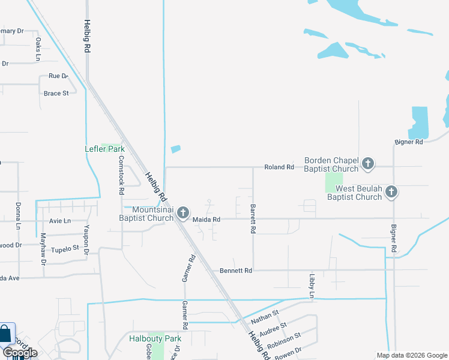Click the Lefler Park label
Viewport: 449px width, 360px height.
click(x=104, y=149)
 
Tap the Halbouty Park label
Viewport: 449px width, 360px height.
click(x=155, y=338)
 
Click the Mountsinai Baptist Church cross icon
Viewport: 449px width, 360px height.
click(x=182, y=213)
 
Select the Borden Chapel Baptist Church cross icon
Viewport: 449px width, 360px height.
click(x=368, y=163)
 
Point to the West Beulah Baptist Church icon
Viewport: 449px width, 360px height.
click(x=391, y=192)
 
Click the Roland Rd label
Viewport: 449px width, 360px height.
click(x=280, y=167)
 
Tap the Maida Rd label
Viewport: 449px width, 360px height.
click(x=206, y=220)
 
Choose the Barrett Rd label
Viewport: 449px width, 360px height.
click(x=253, y=218)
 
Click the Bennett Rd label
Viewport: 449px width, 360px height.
click(x=235, y=271)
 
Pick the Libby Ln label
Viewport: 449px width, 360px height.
click(x=312, y=286)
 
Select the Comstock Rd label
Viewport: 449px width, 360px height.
click(x=121, y=175)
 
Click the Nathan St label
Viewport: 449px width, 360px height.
click(x=265, y=317)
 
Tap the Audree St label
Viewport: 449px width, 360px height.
click(x=273, y=329)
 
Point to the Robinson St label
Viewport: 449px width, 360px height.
click(x=284, y=341)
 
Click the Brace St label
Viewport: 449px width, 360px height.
click(x=56, y=93)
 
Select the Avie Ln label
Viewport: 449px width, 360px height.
click(x=59, y=221)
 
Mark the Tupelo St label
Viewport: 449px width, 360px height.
click(x=65, y=248)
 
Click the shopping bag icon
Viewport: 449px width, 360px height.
click(x=5, y=333)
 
